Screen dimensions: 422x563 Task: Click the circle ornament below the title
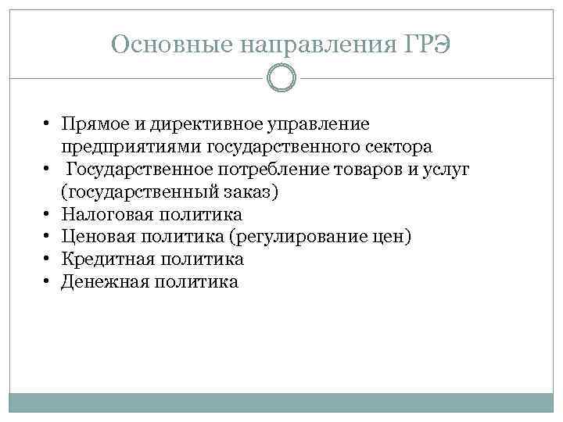[281, 78]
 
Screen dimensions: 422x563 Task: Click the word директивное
[197, 124]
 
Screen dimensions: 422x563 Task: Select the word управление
[318, 124]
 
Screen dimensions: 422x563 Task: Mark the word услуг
[444, 169]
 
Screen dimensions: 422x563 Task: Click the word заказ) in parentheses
[249, 191]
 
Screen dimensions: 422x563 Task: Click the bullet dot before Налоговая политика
[48, 213]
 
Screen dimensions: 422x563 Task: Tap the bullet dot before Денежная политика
[48, 281]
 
